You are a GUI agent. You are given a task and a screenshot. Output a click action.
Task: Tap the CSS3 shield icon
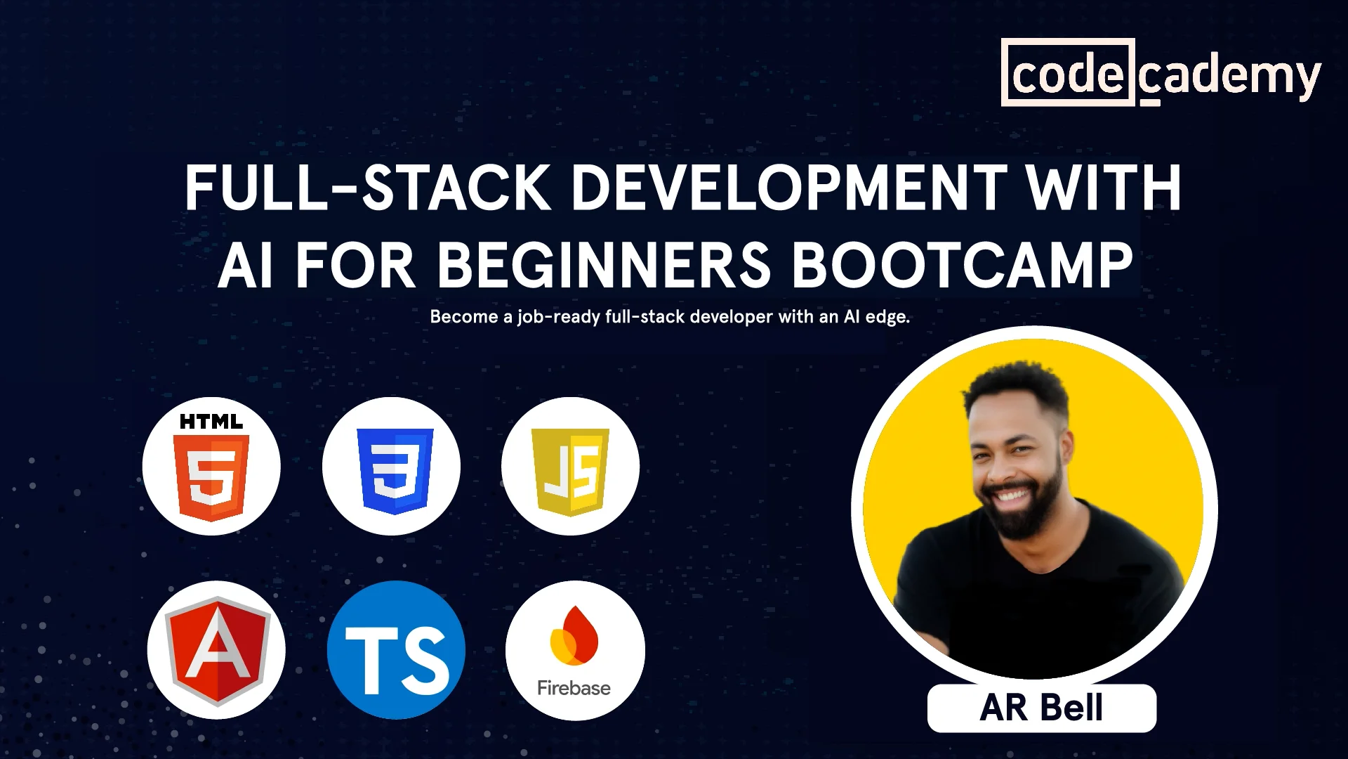[x=395, y=470]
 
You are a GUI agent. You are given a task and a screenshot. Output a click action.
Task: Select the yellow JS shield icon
[x=571, y=472]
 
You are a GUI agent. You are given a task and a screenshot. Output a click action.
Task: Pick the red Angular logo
[x=217, y=651]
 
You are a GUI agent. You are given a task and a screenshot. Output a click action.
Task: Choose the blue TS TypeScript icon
[x=396, y=650]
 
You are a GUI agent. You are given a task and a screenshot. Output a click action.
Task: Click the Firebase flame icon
[x=574, y=635]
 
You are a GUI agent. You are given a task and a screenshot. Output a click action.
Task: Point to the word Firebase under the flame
[x=574, y=687]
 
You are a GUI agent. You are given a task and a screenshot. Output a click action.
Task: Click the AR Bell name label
[x=1041, y=708]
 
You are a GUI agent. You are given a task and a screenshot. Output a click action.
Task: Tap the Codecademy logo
[x=1161, y=73]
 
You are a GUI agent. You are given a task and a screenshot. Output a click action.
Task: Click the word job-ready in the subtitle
[x=559, y=317]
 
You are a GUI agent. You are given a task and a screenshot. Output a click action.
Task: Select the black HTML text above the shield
[x=211, y=422]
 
